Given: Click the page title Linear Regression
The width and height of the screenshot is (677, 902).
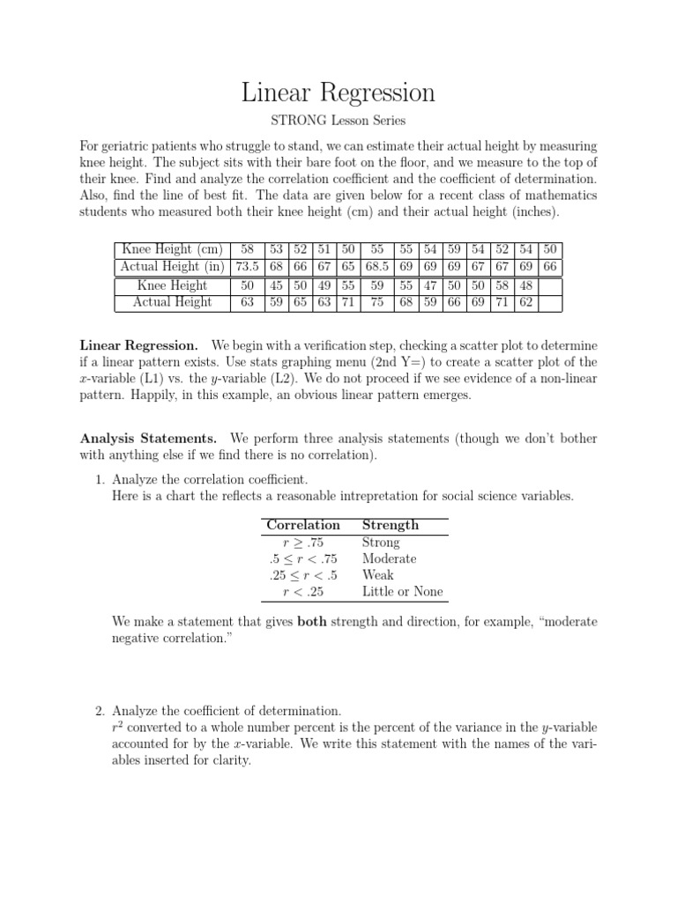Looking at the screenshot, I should click(338, 92).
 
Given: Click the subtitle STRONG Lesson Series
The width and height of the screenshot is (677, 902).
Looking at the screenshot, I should click(338, 121).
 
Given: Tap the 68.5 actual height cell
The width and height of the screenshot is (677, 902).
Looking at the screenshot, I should click(377, 266).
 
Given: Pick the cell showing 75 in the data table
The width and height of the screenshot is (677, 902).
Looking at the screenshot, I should click(377, 302).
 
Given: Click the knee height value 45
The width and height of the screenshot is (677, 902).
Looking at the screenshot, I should click(276, 285).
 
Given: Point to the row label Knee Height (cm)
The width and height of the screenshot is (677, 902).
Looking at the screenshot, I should click(172, 249).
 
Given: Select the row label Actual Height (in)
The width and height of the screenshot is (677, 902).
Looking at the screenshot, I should click(172, 266).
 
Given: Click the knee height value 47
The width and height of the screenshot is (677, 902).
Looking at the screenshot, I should click(430, 285).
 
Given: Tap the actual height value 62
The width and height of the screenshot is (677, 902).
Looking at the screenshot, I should click(526, 302).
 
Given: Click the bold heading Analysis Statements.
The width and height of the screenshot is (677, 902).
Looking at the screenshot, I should click(148, 438).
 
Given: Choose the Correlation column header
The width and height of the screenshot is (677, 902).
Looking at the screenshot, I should click(302, 525).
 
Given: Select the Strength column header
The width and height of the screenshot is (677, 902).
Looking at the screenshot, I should click(391, 525).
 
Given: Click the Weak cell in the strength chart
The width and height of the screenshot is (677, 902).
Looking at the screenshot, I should click(378, 575).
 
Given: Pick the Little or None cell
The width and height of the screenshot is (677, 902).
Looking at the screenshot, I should click(403, 592).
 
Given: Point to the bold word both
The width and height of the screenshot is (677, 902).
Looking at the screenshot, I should click(312, 622).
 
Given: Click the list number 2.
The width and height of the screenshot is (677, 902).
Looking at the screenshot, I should click(99, 711).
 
